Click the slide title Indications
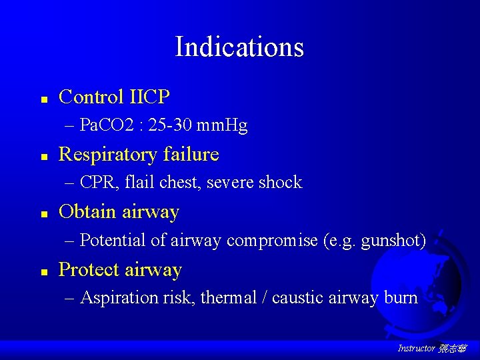pos(239,47)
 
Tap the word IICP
pos(148,97)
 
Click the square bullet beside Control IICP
pos(43,99)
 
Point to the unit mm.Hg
pos(227,125)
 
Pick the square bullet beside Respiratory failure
pos(43,156)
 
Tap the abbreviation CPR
pos(95,182)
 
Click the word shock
pos(280,182)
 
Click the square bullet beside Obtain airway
pos(43,214)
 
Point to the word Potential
pos(117,240)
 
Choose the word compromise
pos(272,240)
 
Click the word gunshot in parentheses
pos(391,240)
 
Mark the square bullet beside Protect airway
pos(43,271)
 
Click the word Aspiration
pos(119,297)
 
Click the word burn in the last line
pos(401,297)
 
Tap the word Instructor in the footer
pos(416,348)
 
